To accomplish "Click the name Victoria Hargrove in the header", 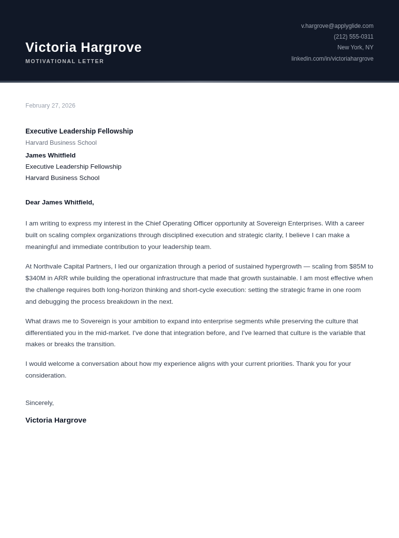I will click(84, 47).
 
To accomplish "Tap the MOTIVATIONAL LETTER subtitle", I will click(65, 61).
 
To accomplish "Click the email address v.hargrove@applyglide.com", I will click(337, 26).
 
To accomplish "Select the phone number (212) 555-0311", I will click(353, 37).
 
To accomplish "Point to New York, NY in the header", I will click(355, 47).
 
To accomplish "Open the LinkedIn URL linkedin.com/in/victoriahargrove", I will click(332, 59).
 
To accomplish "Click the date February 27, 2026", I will click(50, 106).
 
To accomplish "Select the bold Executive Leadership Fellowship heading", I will click(79, 131).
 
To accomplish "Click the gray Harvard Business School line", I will click(61, 143).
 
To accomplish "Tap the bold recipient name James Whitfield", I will click(50, 156).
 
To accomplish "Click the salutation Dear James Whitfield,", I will click(60, 202).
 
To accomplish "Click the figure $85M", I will click(357, 267).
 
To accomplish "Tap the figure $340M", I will click(35, 278).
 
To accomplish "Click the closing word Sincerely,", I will click(40, 403).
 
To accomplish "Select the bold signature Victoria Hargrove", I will click(56, 420).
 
